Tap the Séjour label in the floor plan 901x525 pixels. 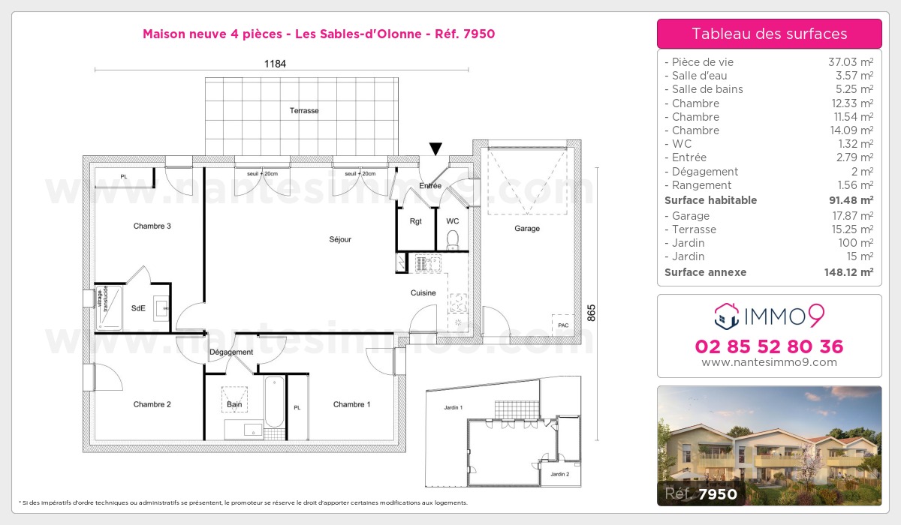340,240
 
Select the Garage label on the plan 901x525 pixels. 526,229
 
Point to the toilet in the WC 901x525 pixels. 452,239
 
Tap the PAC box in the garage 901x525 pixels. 562,325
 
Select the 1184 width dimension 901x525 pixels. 275,64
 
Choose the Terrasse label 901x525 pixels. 304,111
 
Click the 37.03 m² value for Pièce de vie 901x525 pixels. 850,62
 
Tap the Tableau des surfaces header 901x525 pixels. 769,34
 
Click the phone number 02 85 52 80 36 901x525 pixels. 769,346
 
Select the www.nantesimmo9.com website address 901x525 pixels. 769,362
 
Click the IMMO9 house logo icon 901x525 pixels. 725,316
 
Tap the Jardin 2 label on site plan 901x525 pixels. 559,474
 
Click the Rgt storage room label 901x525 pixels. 415,221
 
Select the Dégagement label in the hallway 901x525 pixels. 231,352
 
